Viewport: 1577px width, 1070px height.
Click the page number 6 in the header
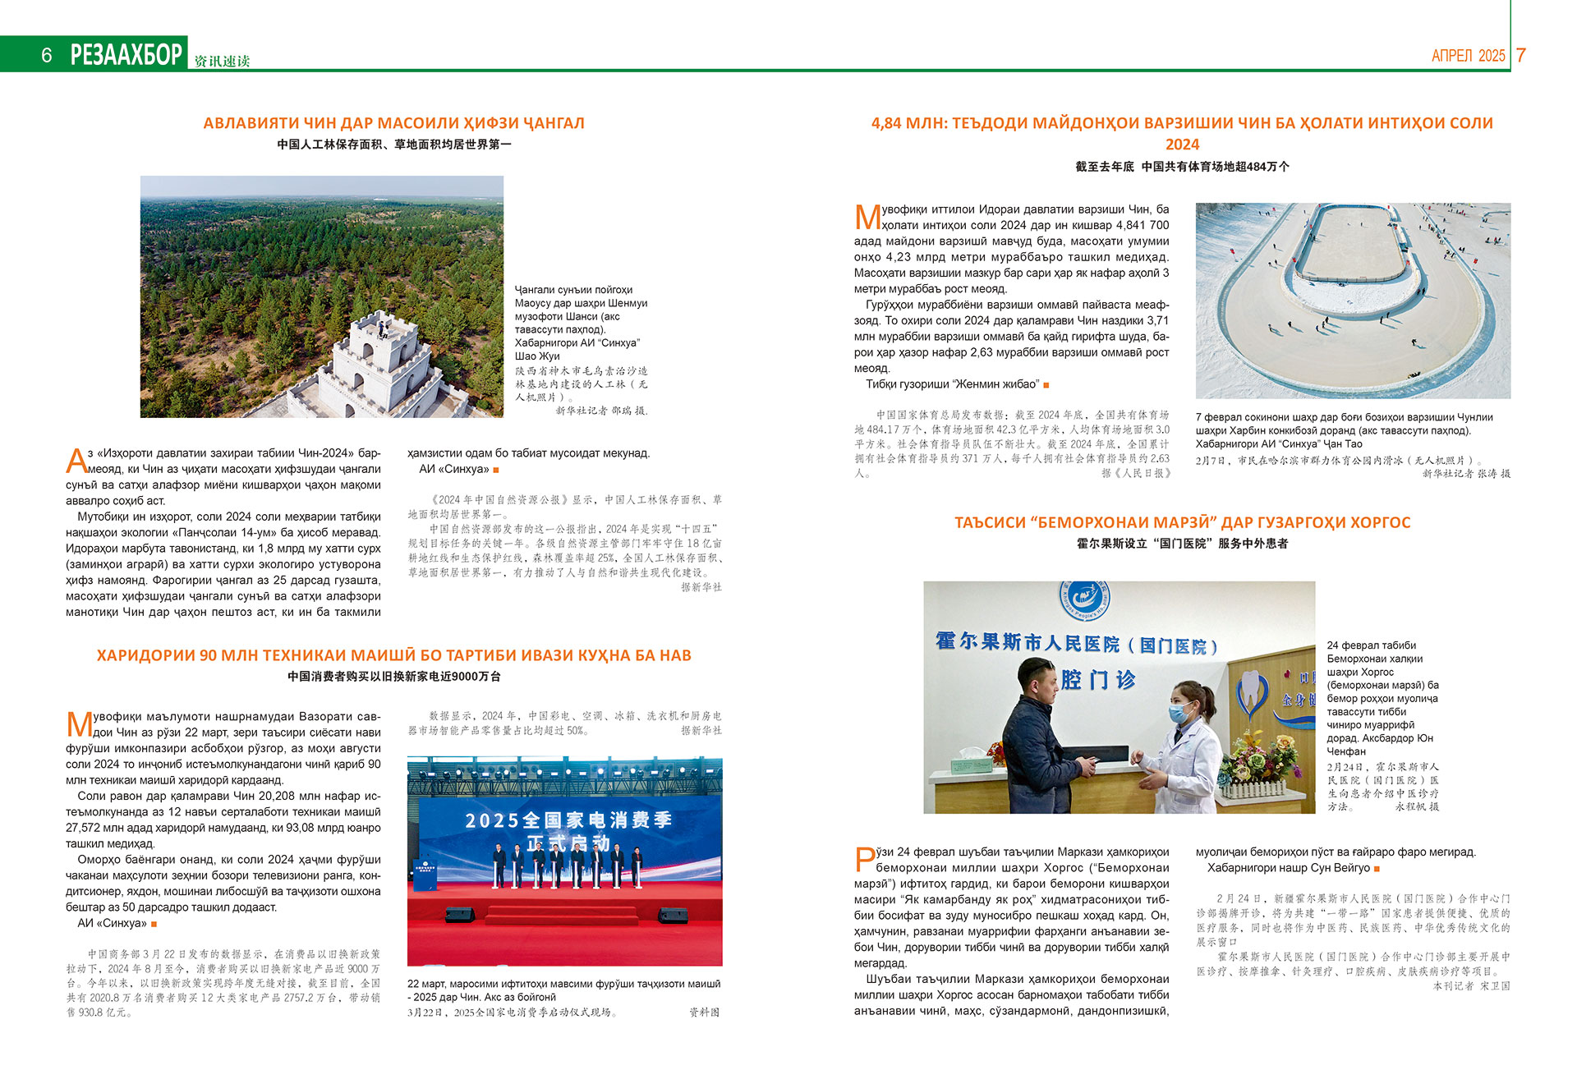pos(47,55)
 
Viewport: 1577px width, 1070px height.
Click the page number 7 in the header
pos(1520,55)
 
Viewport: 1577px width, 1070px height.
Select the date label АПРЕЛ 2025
pos(1468,56)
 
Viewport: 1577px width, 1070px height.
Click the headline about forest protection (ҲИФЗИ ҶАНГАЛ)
pos(393,123)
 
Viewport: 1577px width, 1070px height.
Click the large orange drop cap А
pos(76,460)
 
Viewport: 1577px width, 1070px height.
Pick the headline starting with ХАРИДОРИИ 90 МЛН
pos(393,655)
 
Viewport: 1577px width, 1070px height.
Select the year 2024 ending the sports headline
pos(1182,145)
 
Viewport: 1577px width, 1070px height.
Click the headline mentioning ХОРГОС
pos(1182,522)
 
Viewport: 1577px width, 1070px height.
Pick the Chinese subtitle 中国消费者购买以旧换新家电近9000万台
pos(393,677)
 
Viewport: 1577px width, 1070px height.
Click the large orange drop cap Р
pos(864,859)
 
